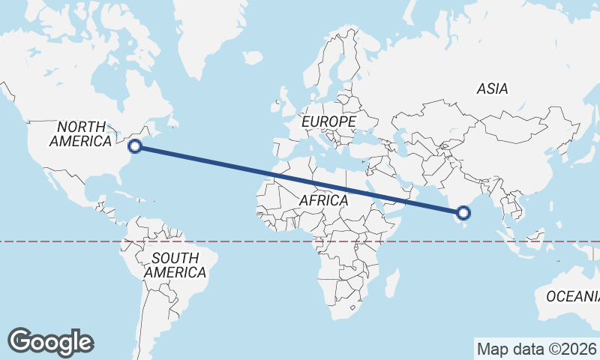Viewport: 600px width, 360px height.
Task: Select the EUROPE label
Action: [328, 121]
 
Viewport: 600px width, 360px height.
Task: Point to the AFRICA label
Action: [323, 200]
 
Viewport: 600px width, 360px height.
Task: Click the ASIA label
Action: [492, 88]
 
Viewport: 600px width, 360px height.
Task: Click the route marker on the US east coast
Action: [136, 146]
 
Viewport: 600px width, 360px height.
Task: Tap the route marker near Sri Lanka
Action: [464, 213]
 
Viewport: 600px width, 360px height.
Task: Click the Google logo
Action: [50, 342]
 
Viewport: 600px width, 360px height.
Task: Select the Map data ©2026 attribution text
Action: [535, 349]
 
